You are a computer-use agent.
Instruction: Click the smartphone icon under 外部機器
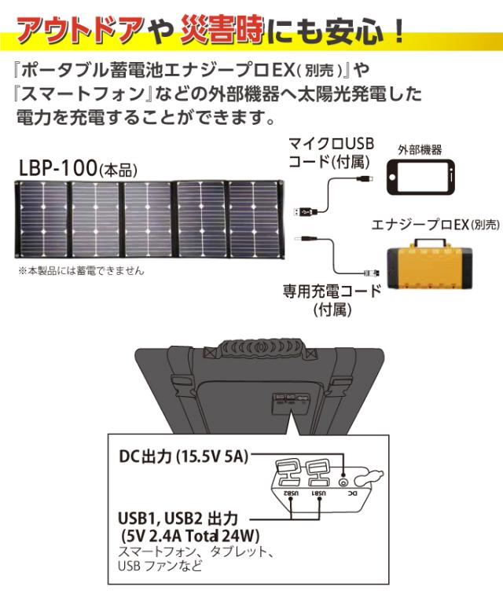click(x=420, y=178)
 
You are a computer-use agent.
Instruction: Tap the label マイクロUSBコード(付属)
click(x=331, y=152)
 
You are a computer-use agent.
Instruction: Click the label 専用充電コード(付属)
click(x=332, y=300)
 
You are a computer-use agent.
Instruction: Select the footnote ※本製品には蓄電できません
click(x=81, y=271)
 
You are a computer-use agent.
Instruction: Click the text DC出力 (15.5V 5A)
click(x=184, y=456)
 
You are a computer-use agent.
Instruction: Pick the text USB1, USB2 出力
click(x=178, y=519)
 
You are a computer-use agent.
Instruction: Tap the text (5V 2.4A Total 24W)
click(x=191, y=536)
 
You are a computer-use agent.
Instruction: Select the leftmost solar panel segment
click(x=42, y=219)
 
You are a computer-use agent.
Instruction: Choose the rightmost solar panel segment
click(x=255, y=219)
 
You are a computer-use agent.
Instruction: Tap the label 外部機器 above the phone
click(x=420, y=150)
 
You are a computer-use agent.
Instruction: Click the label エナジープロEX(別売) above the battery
click(x=435, y=225)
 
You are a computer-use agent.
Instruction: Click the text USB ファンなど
click(x=160, y=566)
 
